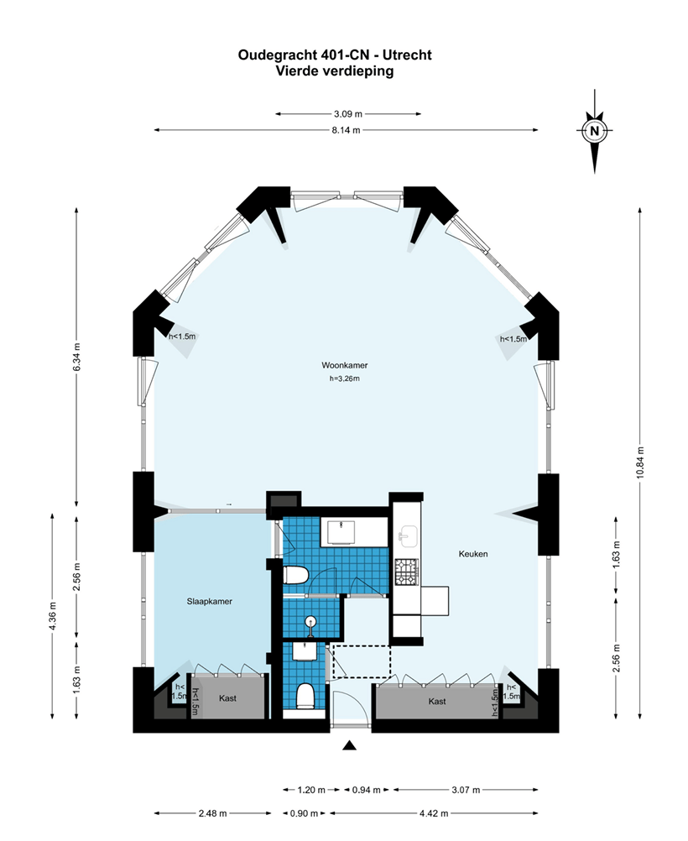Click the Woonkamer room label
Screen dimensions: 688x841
(344, 365)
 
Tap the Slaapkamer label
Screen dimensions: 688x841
(209, 601)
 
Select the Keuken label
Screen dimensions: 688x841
(473, 553)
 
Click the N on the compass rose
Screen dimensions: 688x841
(594, 130)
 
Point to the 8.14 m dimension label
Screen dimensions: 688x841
(346, 130)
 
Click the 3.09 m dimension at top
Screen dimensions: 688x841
(348, 113)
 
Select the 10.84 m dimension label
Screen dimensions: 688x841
(641, 462)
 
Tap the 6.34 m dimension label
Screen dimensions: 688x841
(76, 356)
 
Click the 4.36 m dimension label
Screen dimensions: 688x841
(53, 616)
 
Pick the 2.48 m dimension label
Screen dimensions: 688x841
(212, 813)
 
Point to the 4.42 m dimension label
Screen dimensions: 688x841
(434, 813)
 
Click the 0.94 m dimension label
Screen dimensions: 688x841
(367, 790)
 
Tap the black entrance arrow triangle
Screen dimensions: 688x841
(350, 745)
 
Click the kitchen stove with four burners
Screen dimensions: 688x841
(406, 572)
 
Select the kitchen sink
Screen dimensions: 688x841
(408, 537)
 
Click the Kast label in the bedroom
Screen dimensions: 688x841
(227, 698)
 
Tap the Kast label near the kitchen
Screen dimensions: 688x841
(437, 701)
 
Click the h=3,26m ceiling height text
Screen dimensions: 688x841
(344, 379)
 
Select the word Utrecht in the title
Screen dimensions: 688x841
(407, 55)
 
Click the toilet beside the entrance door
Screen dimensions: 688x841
(305, 696)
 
